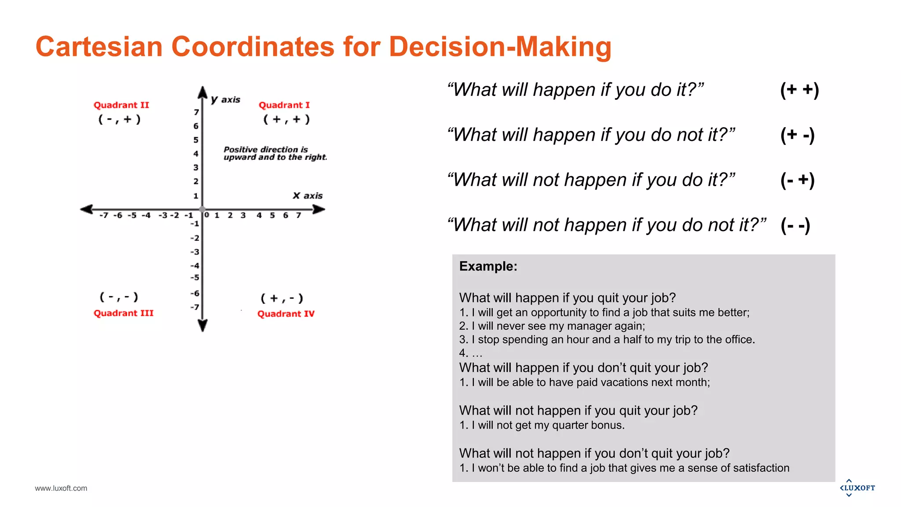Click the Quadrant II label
[121, 105]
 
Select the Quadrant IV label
[286, 314]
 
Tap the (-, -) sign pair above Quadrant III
[119, 297]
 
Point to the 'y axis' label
[226, 100]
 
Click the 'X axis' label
[308, 196]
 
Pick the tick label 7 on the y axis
[196, 112]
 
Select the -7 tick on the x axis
[103, 216]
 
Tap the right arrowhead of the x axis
[319, 209]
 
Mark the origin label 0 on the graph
[207, 215]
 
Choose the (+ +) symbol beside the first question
[799, 90]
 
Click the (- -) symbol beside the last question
[795, 225]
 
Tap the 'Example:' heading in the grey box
[488, 266]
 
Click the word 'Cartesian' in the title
[99, 47]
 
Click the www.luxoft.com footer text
[61, 488]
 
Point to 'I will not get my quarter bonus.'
[542, 425]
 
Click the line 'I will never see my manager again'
[552, 326]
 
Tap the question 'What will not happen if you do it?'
[591, 180]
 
